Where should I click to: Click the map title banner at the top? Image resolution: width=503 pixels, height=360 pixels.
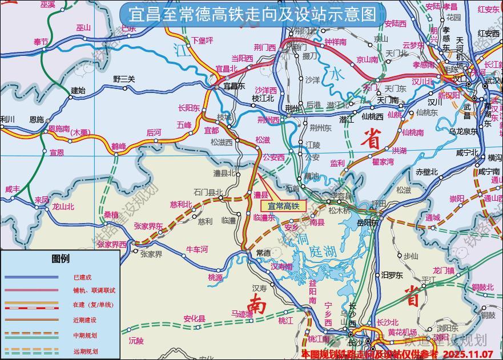point(248,14)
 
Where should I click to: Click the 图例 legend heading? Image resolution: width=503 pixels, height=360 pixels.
point(61,258)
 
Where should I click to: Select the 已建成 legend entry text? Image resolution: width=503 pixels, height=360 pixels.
point(82,277)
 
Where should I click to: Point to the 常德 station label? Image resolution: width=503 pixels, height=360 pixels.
point(263,253)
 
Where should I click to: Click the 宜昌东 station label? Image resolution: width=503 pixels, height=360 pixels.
point(234,86)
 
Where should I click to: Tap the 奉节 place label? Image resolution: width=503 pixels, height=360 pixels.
point(41,42)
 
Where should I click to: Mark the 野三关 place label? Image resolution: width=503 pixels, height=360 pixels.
point(124,79)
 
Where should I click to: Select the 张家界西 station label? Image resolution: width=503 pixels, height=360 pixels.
point(111,244)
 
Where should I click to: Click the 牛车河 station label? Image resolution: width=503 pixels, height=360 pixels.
point(198,249)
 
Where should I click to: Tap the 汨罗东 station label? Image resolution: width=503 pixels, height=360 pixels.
point(392,275)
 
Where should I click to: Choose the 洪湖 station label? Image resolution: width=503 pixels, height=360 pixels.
point(400,151)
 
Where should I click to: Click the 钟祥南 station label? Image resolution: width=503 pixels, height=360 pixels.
point(335,42)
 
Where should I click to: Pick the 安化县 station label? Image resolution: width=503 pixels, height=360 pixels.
point(194,318)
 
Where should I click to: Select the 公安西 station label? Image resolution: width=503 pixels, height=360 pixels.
point(273,157)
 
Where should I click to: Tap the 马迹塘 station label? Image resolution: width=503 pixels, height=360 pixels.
point(242,314)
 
